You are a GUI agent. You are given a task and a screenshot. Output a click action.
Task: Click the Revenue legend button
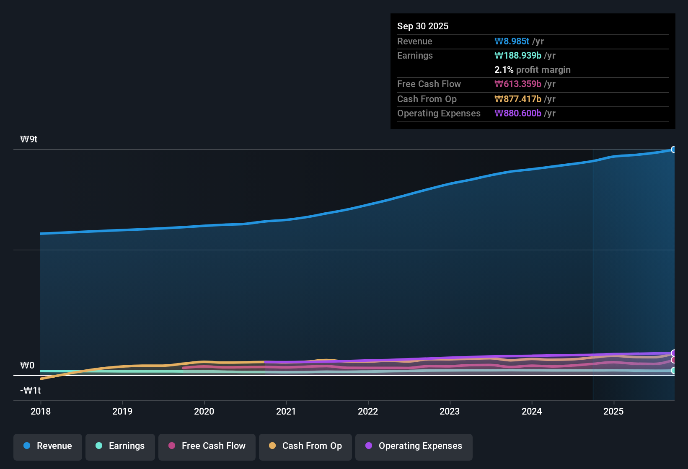point(48,446)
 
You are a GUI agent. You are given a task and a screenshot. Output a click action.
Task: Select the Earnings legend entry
point(120,446)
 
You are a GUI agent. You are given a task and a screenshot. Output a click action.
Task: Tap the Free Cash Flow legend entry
point(207,446)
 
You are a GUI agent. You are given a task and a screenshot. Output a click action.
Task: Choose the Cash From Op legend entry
point(305,446)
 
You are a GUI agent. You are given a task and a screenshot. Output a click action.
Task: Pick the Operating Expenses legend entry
point(414,446)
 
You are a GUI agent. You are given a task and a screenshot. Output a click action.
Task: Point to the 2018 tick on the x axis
point(41,411)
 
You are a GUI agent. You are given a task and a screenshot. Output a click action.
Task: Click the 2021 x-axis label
point(286,411)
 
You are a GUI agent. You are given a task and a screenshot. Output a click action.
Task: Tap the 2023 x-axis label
point(450,411)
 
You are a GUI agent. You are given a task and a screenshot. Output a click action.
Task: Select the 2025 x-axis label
point(613,411)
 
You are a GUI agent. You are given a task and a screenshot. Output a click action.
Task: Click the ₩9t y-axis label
point(29,139)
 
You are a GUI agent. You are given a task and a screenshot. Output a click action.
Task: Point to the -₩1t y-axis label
point(31,391)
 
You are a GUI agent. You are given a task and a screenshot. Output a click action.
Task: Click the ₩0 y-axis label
point(27,366)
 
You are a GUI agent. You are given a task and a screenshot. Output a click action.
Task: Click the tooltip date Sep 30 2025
point(423,26)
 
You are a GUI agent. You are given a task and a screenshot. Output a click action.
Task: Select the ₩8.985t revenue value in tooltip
point(512,41)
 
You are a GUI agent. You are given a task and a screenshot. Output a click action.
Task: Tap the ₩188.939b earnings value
point(518,56)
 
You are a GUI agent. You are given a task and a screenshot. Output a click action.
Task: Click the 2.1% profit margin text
point(533,70)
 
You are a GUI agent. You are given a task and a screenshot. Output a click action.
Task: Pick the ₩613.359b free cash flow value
point(518,84)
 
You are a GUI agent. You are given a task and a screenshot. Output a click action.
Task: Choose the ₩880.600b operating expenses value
point(518,113)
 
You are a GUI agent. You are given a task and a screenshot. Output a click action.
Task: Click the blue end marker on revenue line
point(674,149)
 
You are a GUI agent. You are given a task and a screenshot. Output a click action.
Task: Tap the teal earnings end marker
point(674,371)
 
